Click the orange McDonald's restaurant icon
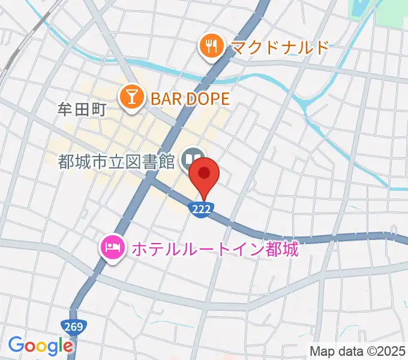pyautogui.click(x=211, y=46)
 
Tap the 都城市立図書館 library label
pyautogui.click(x=116, y=160)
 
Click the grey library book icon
pyautogui.click(x=193, y=159)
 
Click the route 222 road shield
pyautogui.click(x=202, y=208)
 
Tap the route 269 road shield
pyautogui.click(x=74, y=326)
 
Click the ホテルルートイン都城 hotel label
pyautogui.click(x=214, y=248)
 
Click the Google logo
pyautogui.click(x=40, y=346)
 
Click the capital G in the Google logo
pyautogui.click(x=16, y=345)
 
